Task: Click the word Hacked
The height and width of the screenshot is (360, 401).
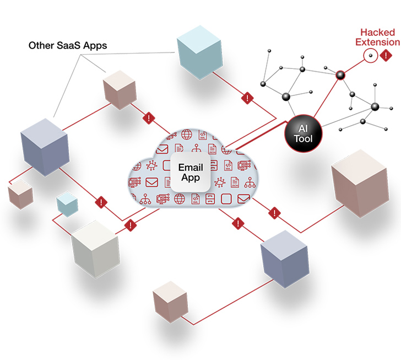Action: (377, 33)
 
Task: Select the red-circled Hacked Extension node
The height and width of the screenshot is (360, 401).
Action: (371, 55)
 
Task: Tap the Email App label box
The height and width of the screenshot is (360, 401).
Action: (190, 173)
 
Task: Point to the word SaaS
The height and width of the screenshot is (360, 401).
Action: (70, 45)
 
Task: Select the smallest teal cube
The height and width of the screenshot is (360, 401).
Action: (67, 205)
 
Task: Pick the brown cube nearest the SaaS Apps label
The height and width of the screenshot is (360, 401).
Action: (119, 88)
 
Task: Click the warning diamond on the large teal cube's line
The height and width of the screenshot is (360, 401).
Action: (246, 99)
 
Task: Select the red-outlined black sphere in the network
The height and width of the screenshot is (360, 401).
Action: (340, 74)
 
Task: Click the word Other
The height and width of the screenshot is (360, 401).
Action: (41, 45)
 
